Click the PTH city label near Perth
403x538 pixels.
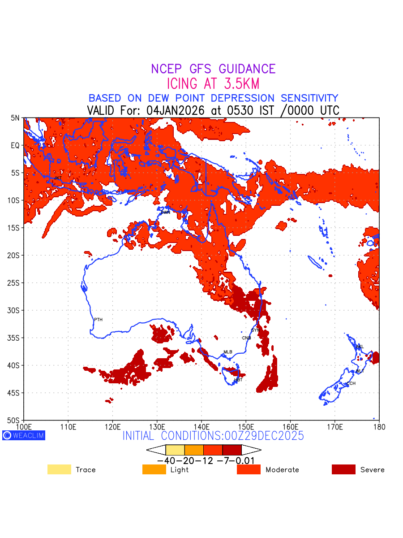98,320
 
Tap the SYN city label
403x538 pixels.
255,330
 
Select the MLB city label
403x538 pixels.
228,352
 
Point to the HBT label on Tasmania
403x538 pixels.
238,380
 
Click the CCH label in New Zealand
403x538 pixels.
351,384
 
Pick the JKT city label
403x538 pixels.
58,178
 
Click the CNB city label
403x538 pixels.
246,338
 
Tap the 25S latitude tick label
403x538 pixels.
15,283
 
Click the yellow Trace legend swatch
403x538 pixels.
59,469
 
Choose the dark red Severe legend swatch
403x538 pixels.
343,469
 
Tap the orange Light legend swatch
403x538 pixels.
154,469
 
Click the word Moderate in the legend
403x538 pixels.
282,470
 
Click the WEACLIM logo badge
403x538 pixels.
24,435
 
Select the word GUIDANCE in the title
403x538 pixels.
247,69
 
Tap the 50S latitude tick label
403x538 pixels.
15,421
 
